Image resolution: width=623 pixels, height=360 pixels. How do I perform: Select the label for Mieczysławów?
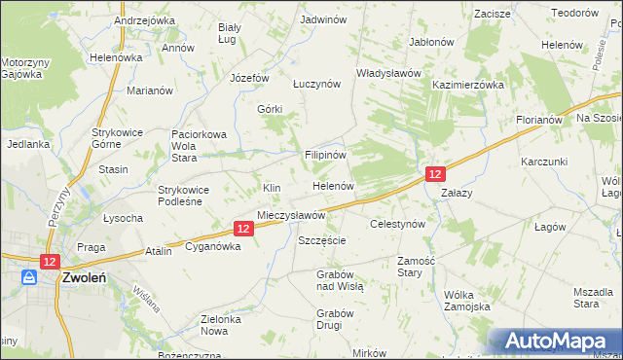[x=290, y=214]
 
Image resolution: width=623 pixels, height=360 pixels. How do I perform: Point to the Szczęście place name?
[x=322, y=239]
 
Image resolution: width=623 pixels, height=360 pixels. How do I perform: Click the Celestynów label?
[x=398, y=224]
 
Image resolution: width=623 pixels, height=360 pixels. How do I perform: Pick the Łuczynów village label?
[x=315, y=84]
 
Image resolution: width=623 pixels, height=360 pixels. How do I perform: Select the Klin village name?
[x=272, y=187]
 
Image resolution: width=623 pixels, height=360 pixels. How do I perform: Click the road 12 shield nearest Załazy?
[x=435, y=173]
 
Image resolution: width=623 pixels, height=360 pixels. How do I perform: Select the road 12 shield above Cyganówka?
[x=244, y=229]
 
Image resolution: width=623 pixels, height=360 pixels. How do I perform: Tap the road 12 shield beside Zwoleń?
[x=51, y=261]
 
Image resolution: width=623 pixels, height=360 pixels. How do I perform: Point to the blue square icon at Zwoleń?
[x=30, y=277]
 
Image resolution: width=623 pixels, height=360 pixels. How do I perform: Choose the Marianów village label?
[x=150, y=90]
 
